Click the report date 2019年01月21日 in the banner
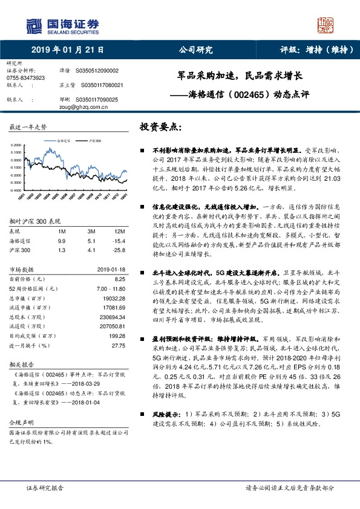67,51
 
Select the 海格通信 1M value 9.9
61,241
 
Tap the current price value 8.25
120,279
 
